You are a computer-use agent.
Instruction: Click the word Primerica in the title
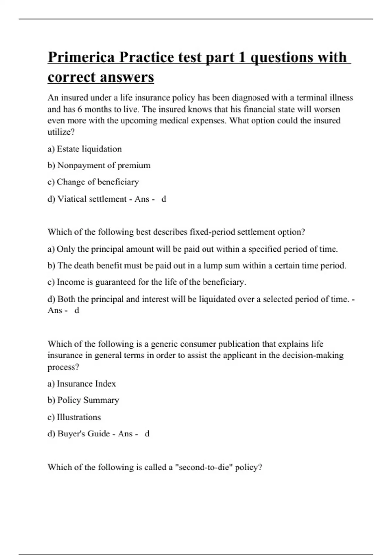pos(81,57)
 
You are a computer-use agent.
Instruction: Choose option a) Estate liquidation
pos(84,149)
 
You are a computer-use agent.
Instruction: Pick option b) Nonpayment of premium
pos(99,166)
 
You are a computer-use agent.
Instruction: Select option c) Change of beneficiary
pos(93,182)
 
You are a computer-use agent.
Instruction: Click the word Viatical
pos(72,199)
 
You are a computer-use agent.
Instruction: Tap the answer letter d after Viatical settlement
pos(164,199)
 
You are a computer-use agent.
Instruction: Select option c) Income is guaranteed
pos(146,282)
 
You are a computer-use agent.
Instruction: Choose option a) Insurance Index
pos(82,384)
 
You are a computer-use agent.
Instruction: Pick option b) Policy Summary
pos(83,400)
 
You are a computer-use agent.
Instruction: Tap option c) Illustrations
pos(74,417)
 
